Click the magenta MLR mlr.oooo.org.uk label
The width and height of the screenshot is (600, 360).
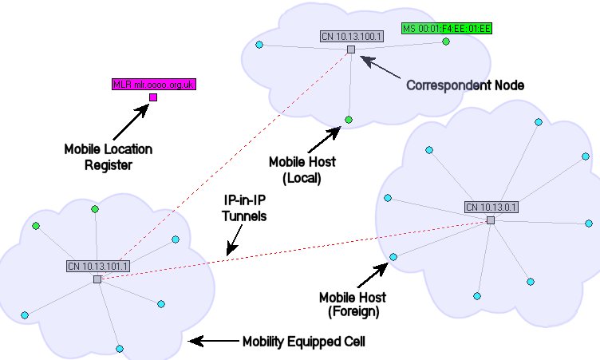pyautogui.click(x=154, y=83)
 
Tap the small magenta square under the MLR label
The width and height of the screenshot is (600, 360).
pyautogui.click(x=153, y=97)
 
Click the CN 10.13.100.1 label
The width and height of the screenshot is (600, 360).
pyautogui.click(x=352, y=36)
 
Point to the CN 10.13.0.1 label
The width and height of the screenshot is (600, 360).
pyautogui.click(x=491, y=208)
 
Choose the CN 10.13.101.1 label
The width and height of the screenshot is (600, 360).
pyautogui.click(x=99, y=267)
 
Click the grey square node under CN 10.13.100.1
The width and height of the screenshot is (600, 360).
pyautogui.click(x=350, y=49)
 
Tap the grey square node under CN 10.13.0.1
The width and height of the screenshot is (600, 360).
pyautogui.click(x=491, y=220)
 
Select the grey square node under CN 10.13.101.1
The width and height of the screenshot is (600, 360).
pyautogui.click(x=97, y=279)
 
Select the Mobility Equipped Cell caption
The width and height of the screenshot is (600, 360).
pyautogui.click(x=304, y=342)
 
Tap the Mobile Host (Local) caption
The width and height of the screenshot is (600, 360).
pyautogui.click(x=302, y=170)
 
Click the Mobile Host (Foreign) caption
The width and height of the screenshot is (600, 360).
pyautogui.click(x=352, y=304)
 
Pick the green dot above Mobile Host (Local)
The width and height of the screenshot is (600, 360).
pyautogui.click(x=349, y=120)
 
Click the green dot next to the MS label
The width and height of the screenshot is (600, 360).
pyautogui.click(x=446, y=42)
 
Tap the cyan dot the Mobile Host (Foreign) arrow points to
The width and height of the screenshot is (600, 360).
pyautogui.click(x=393, y=257)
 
